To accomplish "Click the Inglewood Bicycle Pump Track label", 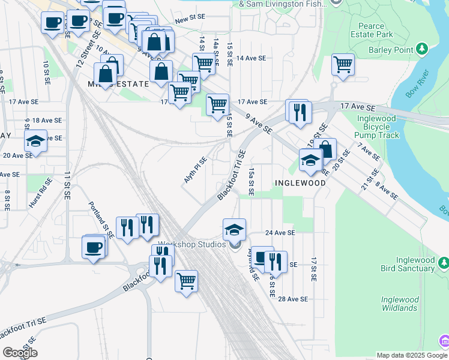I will pos(378,127).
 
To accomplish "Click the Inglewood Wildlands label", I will pos(399,304).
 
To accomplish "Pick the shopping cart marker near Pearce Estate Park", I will pos(343,64).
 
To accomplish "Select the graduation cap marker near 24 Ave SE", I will pos(234,229).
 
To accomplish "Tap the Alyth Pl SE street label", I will pos(195,170).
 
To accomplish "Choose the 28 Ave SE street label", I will pos(293,299).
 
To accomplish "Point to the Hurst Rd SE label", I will pos(37,196).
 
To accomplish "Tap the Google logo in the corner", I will pos(20,352).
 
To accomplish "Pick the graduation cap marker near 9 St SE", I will pos(35,141).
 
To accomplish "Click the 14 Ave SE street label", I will pos(251,58).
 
